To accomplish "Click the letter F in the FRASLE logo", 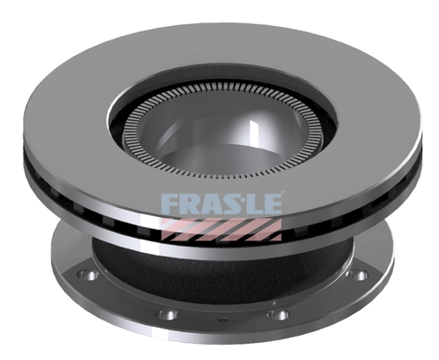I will pyautogui.click(x=169, y=202).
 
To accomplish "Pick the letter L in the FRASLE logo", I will pyautogui.click(x=255, y=202).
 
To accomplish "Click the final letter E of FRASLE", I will pyautogui.click(x=272, y=202).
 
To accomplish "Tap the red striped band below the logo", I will pyautogui.click(x=220, y=229).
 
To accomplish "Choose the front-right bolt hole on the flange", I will pyautogui.click(x=279, y=314).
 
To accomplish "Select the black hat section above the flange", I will pyautogui.click(x=220, y=270).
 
